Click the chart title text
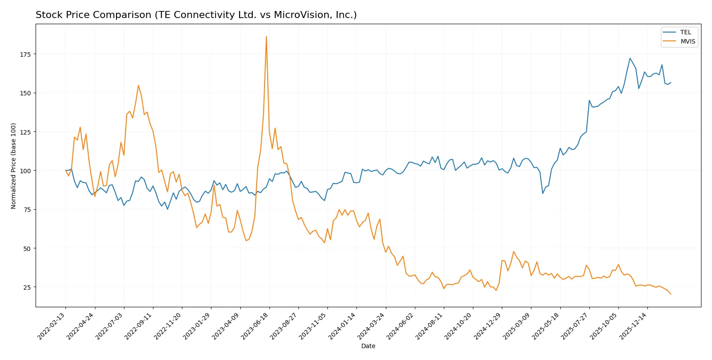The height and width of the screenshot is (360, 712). point(196,15)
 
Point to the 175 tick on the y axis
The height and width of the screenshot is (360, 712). point(25,54)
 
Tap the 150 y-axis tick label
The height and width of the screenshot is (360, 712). point(25,93)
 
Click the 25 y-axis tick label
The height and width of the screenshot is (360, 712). point(27,287)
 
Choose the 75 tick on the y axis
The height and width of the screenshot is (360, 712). point(27,210)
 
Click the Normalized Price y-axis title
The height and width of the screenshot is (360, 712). point(14,166)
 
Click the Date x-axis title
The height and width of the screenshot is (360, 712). point(368,346)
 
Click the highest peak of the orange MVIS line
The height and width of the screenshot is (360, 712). point(266,37)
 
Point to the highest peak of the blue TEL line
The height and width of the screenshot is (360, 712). point(630,58)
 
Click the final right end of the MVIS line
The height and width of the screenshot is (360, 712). point(671,294)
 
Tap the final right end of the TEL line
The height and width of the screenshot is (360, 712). point(671,82)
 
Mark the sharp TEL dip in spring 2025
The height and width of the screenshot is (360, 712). point(543,193)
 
